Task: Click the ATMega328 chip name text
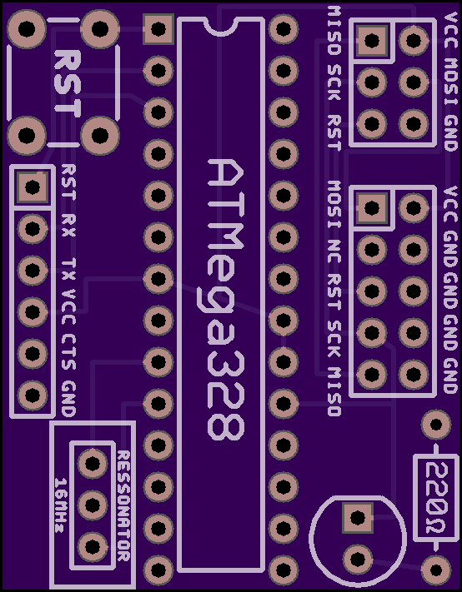coord(226,300)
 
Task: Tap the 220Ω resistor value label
coord(436,499)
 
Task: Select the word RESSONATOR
coord(123,506)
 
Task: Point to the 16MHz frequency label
coord(61,505)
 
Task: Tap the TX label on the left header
coord(68,269)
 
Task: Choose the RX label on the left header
coord(68,226)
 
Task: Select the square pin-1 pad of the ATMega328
coord(158,28)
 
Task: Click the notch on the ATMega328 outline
coord(221,27)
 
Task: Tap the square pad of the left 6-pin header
coord(33,187)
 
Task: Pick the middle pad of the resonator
coord(93,505)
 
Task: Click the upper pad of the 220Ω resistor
coord(436,425)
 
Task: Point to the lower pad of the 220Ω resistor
coord(436,570)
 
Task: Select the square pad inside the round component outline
coord(358,518)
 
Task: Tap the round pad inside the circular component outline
coord(358,560)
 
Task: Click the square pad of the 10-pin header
coord(372,207)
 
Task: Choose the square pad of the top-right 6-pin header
coord(372,41)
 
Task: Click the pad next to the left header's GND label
coord(33,395)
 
